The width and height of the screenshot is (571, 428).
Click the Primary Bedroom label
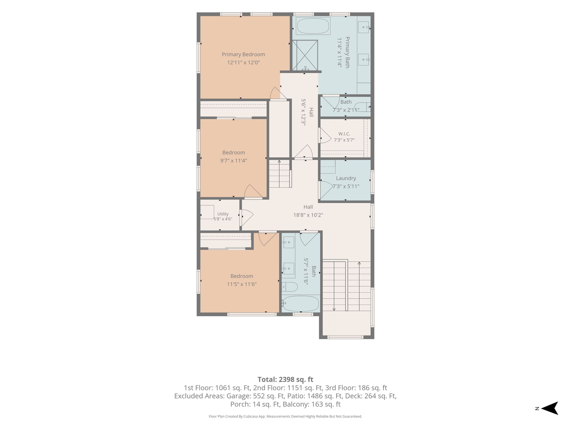click(243, 54)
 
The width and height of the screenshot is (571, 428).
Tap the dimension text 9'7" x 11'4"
click(234, 160)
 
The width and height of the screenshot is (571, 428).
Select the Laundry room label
click(346, 178)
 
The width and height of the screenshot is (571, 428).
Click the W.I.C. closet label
click(344, 134)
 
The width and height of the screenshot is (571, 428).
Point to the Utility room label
click(223, 214)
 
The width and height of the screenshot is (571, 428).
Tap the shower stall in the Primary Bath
click(305, 55)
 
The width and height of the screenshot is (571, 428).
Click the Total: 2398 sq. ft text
click(285, 380)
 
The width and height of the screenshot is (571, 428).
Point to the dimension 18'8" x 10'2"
click(308, 215)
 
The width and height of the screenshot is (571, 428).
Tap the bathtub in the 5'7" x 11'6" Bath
click(300, 304)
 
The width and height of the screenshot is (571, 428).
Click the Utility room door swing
click(247, 218)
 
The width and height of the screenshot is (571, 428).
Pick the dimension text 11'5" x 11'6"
click(242, 284)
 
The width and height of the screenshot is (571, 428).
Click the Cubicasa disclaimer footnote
click(285, 417)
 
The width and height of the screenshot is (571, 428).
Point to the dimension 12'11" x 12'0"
click(243, 63)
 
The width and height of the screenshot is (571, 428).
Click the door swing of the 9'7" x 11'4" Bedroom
click(253, 192)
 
